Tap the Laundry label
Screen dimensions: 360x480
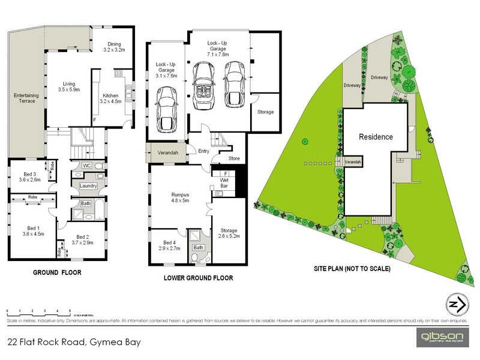pyautogui.click(x=88, y=187)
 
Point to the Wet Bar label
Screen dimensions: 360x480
pyautogui.click(x=223, y=182)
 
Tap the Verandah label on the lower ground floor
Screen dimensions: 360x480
pyautogui.click(x=167, y=153)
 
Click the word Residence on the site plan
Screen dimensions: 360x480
pyautogui.click(x=376, y=137)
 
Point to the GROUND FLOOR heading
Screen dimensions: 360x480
pyautogui.click(x=57, y=272)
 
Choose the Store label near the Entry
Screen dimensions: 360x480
pyautogui.click(x=234, y=158)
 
